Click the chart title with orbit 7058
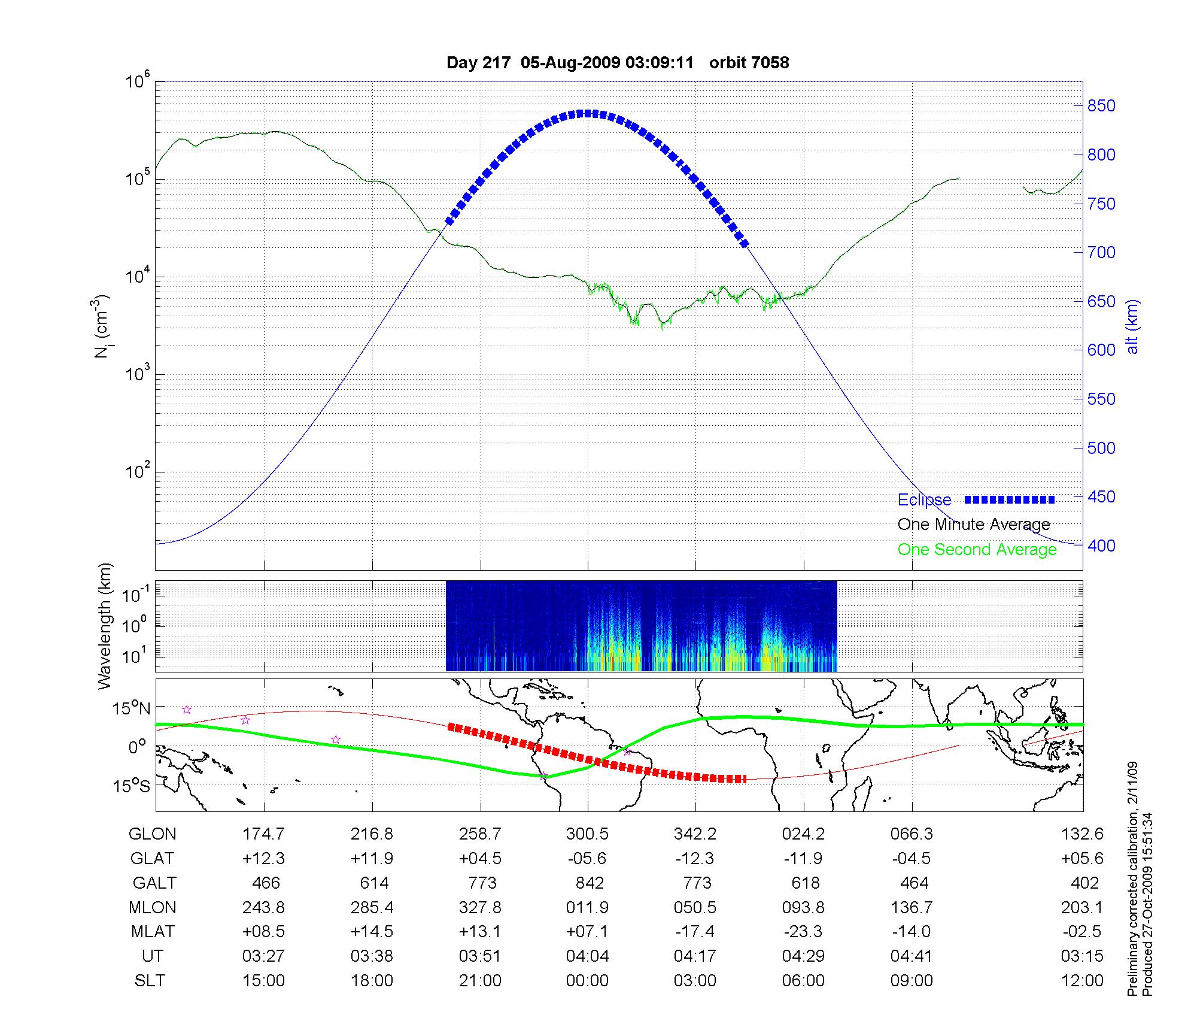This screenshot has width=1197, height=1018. tap(618, 62)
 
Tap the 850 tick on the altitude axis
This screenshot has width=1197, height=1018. tap(1101, 106)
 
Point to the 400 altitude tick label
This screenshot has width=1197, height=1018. tap(1101, 546)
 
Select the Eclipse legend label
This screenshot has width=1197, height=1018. tap(924, 500)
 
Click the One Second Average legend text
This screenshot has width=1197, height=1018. tap(977, 550)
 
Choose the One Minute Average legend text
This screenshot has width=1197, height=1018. tap(974, 525)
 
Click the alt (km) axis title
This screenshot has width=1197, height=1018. tap(1132, 326)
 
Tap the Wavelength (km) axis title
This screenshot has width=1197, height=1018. tap(105, 626)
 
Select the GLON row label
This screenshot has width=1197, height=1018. tap(153, 834)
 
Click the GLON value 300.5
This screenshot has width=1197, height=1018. tap(587, 834)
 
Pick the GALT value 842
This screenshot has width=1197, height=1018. tap(590, 883)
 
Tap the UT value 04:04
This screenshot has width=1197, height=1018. tap(587, 956)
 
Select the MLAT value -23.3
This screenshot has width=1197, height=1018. tap(803, 932)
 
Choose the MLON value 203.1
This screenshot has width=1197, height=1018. tap(1082, 907)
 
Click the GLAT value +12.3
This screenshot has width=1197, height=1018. tap(263, 858)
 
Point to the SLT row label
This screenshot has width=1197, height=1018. tap(150, 981)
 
